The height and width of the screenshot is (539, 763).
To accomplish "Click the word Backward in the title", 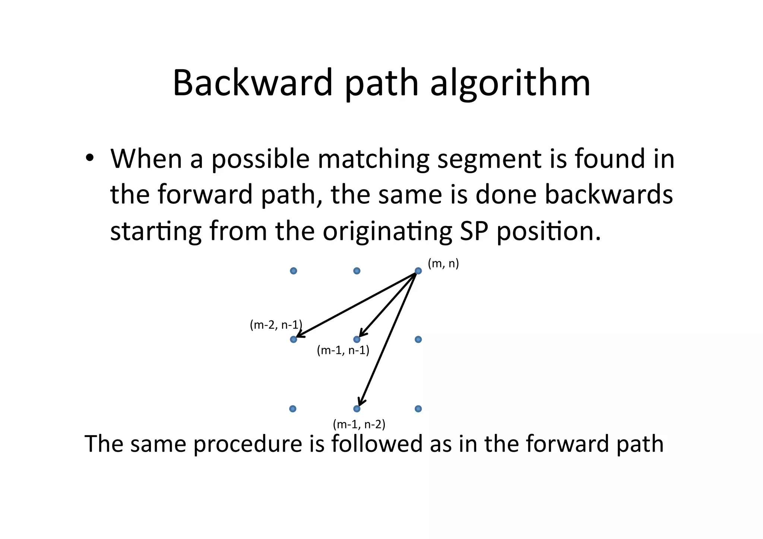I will [252, 82].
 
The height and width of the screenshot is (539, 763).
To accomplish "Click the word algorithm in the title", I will [510, 84].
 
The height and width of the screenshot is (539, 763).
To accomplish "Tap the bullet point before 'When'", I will [89, 158].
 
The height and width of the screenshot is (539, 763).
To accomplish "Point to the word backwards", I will [609, 194].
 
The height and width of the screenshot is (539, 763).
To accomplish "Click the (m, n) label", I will [443, 264].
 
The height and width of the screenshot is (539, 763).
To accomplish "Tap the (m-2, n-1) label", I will [276, 325].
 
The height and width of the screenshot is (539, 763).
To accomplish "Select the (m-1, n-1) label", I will [343, 350].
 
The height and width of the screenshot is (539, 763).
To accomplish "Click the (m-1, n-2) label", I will [359, 424].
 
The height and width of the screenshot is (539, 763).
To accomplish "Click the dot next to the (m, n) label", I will [418, 271].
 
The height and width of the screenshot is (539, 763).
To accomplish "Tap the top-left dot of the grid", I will [293, 271].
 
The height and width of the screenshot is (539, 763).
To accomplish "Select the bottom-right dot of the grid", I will [418, 409].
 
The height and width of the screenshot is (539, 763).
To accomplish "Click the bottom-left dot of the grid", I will [293, 409].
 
